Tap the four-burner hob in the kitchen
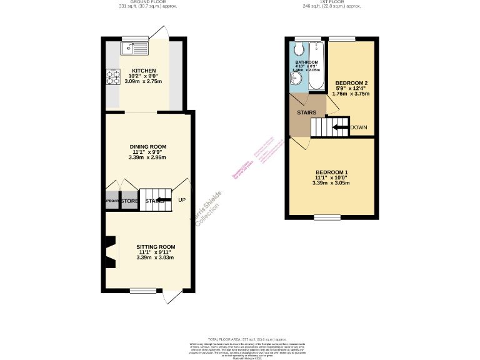[x=113, y=77]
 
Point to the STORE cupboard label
[x=129, y=201]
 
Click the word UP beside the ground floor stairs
[x=182, y=200]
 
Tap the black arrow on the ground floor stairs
[x=162, y=201]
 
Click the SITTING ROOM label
[x=156, y=247]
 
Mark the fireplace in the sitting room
[x=111, y=252]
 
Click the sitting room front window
[x=139, y=291]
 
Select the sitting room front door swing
[x=172, y=297]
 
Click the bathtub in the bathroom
[x=316, y=66]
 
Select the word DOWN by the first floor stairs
[x=359, y=127]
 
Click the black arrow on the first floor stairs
[x=340, y=127]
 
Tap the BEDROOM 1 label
[x=331, y=172]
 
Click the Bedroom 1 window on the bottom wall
[x=327, y=217]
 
